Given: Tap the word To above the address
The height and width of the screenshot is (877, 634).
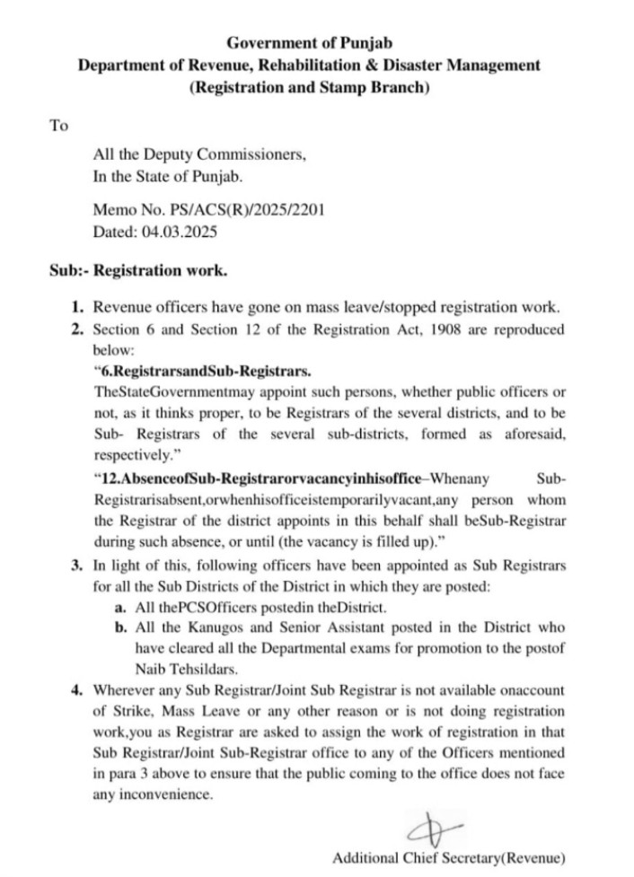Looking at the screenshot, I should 58,126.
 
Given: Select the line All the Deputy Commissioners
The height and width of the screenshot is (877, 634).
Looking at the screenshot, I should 199,154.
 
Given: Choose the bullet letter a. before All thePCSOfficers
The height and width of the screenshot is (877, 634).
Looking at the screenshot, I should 120,607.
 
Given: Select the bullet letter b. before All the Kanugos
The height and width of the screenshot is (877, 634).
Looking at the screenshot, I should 121,627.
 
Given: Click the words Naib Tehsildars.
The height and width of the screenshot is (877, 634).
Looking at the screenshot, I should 185,669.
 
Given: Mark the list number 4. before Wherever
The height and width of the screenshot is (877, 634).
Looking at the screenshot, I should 79,690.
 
